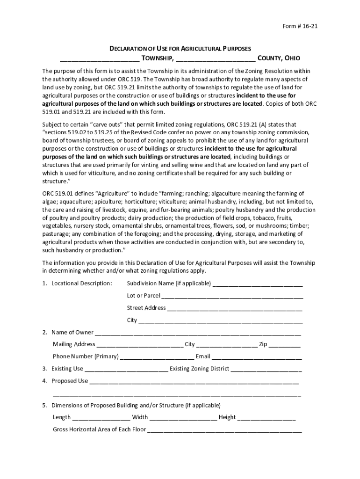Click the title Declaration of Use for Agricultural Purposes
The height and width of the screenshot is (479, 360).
click(180, 49)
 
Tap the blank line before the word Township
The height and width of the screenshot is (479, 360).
click(99, 59)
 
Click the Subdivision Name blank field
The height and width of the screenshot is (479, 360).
click(258, 284)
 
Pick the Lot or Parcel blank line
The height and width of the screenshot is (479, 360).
click(232, 296)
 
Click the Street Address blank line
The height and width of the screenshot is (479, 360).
click(235, 308)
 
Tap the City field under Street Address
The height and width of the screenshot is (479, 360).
click(221, 321)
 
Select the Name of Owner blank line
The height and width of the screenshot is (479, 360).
click(198, 333)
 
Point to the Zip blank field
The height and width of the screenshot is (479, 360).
click(285, 345)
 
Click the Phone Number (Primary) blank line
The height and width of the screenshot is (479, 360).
click(157, 357)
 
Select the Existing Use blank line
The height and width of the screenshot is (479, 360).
click(126, 369)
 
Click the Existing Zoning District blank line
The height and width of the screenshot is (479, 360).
click(266, 369)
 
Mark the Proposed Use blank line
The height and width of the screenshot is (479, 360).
click(194, 381)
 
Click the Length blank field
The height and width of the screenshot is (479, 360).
click(101, 418)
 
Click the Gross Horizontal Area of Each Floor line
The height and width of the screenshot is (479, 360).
click(224, 430)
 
